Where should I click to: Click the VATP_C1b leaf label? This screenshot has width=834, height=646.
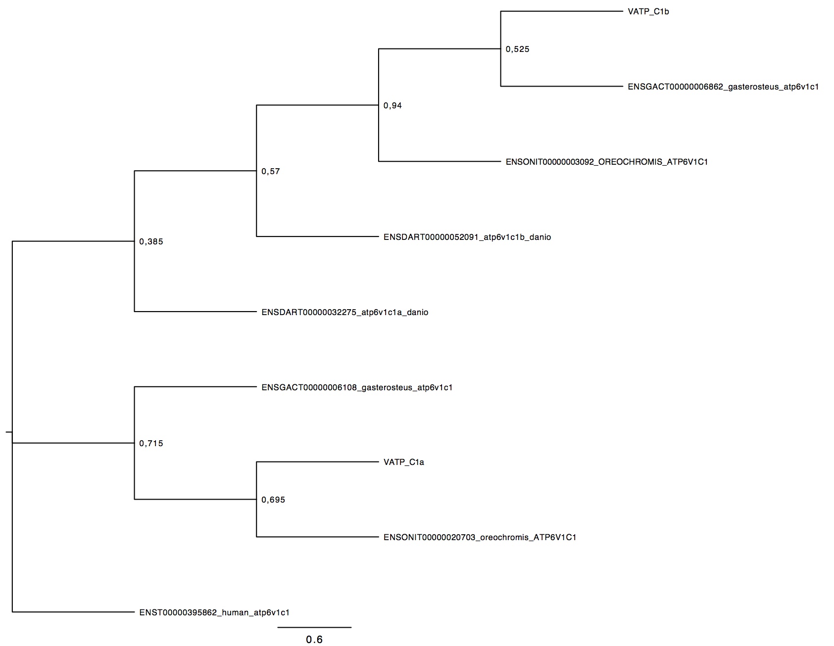(x=648, y=12)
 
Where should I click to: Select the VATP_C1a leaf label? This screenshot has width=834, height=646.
(x=404, y=462)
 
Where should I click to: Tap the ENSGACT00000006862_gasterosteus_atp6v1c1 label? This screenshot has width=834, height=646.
(x=723, y=87)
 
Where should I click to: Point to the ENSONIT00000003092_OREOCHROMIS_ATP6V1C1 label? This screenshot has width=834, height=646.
(x=607, y=162)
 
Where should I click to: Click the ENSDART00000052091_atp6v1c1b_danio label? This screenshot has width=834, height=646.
(x=467, y=237)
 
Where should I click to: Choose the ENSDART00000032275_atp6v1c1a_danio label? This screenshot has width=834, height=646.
(x=345, y=312)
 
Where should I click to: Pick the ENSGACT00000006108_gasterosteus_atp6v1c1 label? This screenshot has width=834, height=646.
(x=357, y=387)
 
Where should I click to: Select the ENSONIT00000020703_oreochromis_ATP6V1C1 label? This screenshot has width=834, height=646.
(x=480, y=537)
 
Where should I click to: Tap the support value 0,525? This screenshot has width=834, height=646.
(x=517, y=49)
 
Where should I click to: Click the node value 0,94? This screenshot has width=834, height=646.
(x=392, y=106)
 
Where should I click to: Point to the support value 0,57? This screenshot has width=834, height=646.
(x=271, y=172)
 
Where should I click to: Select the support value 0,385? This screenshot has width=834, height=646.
(x=151, y=242)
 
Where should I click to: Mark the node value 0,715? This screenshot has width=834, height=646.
(x=151, y=444)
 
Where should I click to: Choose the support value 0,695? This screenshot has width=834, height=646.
(x=273, y=500)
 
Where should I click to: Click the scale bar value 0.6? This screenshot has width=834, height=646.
(x=314, y=640)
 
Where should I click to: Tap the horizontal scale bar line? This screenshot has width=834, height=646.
(x=314, y=627)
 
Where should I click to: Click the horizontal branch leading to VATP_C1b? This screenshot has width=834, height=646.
(x=562, y=11)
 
